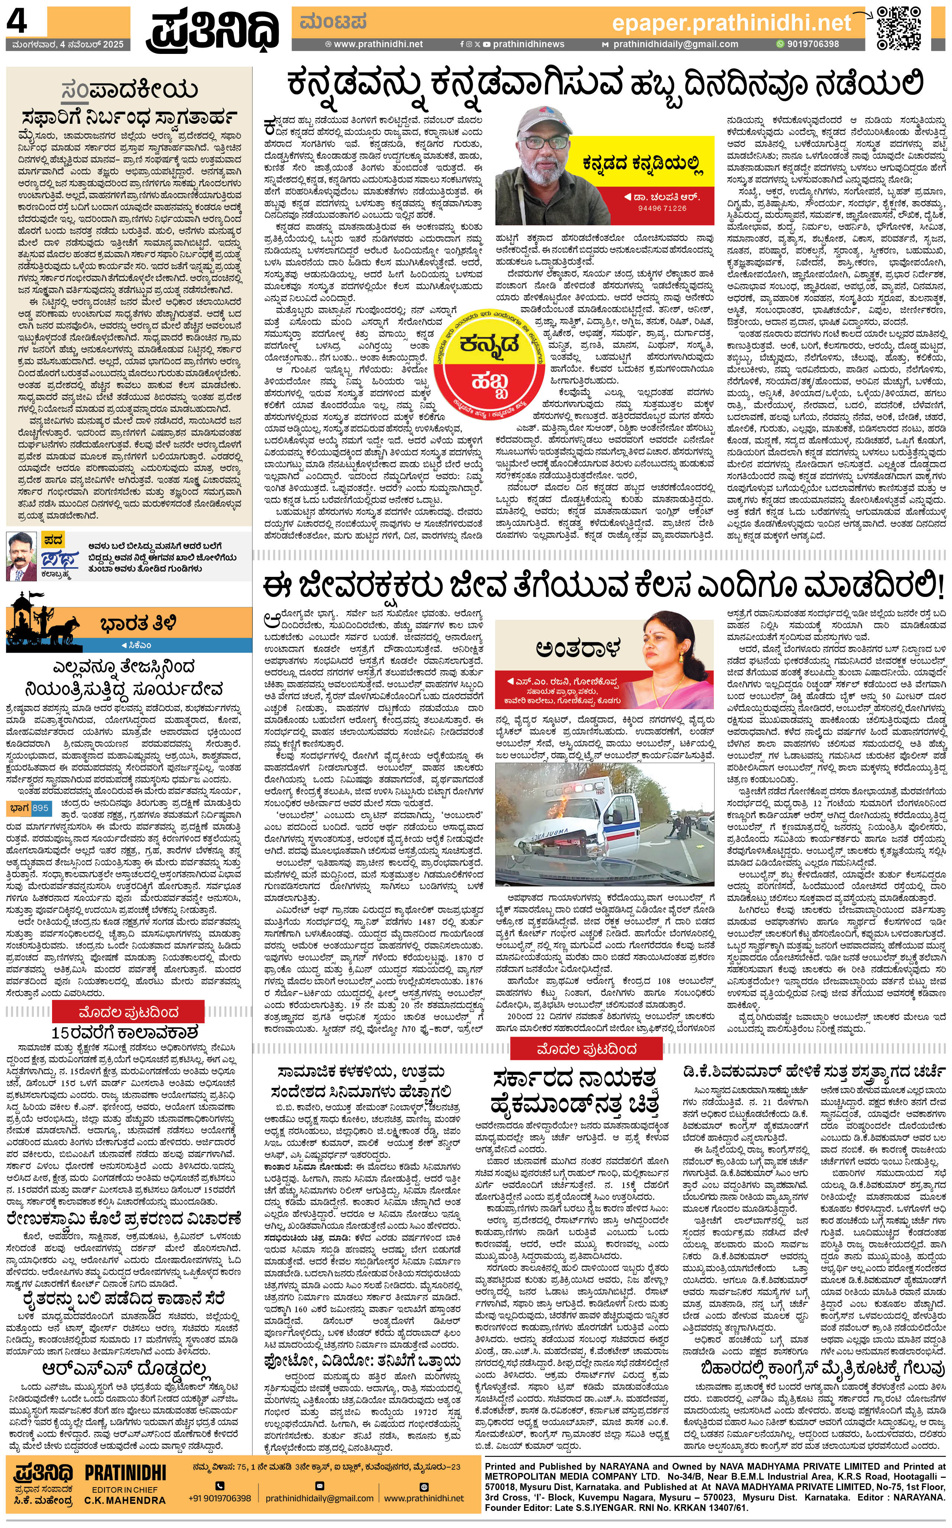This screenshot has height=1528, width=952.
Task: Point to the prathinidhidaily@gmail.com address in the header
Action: click(x=675, y=44)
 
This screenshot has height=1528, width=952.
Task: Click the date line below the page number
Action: click(x=67, y=45)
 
